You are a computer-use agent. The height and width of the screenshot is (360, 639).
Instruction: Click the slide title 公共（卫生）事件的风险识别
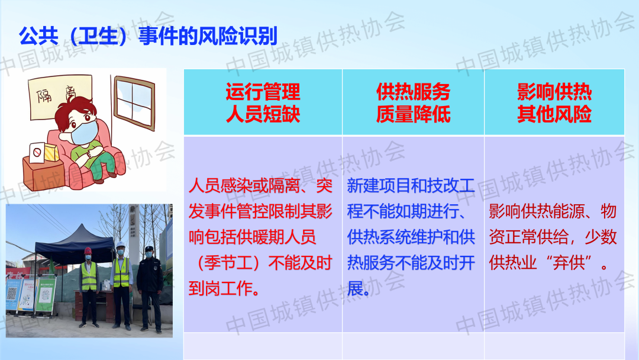(x=148, y=36)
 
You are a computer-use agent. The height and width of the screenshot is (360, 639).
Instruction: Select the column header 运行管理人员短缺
(x=263, y=102)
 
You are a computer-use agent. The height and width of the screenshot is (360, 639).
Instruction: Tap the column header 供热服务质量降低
(x=413, y=102)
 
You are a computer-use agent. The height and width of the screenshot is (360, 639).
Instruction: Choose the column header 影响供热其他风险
(x=554, y=102)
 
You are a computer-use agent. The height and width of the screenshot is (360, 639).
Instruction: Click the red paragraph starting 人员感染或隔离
(x=260, y=237)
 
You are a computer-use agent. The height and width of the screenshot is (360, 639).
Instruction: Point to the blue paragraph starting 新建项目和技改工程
(x=411, y=237)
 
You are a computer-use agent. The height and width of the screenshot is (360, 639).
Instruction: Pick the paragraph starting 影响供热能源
(x=553, y=237)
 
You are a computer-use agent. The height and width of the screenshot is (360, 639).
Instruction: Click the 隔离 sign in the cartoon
(x=60, y=97)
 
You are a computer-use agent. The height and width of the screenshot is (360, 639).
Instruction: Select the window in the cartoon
(x=134, y=103)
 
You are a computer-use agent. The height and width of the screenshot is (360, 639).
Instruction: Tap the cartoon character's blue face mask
(x=85, y=133)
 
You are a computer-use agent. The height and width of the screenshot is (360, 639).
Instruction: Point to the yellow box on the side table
(x=51, y=153)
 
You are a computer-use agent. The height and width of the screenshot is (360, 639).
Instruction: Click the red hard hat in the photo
(x=87, y=250)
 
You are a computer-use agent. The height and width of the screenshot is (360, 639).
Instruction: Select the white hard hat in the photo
(x=120, y=245)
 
